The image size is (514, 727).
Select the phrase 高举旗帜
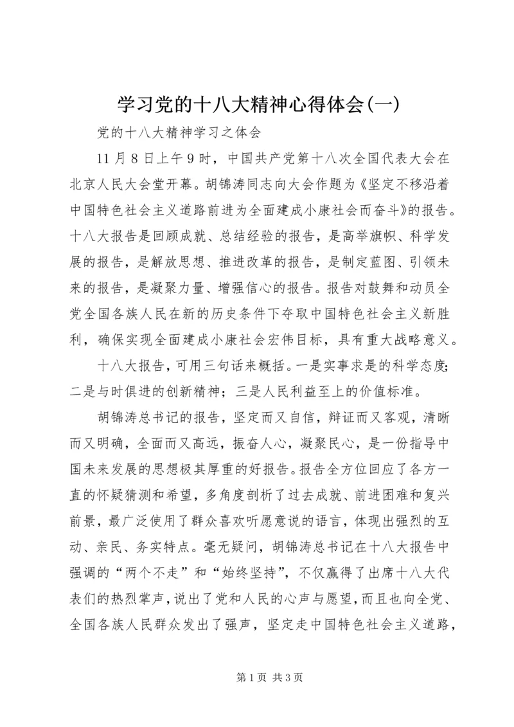[x=369, y=241]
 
